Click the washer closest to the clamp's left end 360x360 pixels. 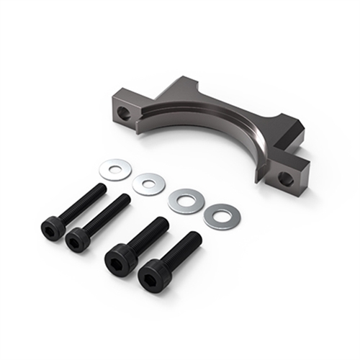[x=114, y=170]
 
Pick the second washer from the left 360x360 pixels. [x=148, y=183]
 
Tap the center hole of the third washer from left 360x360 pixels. [x=186, y=199]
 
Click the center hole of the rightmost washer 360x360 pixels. [x=221, y=215]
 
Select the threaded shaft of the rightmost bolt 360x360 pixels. [x=183, y=248]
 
